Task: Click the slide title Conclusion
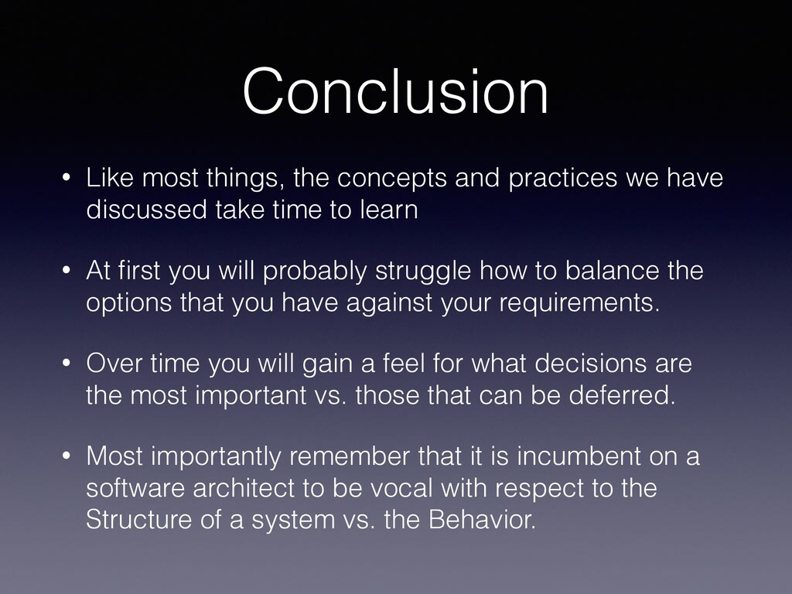[x=395, y=91]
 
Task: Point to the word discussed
[x=146, y=209]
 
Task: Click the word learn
[x=389, y=209]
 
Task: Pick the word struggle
[x=423, y=271]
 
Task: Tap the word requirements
[x=579, y=303]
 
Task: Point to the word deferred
[x=622, y=394]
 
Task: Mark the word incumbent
[x=579, y=456]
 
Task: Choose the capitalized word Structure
[x=139, y=519]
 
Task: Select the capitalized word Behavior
[x=482, y=519]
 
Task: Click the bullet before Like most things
[x=67, y=179]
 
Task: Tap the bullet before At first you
[x=67, y=271]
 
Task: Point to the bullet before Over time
[x=67, y=364]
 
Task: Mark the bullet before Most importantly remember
[x=67, y=456]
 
